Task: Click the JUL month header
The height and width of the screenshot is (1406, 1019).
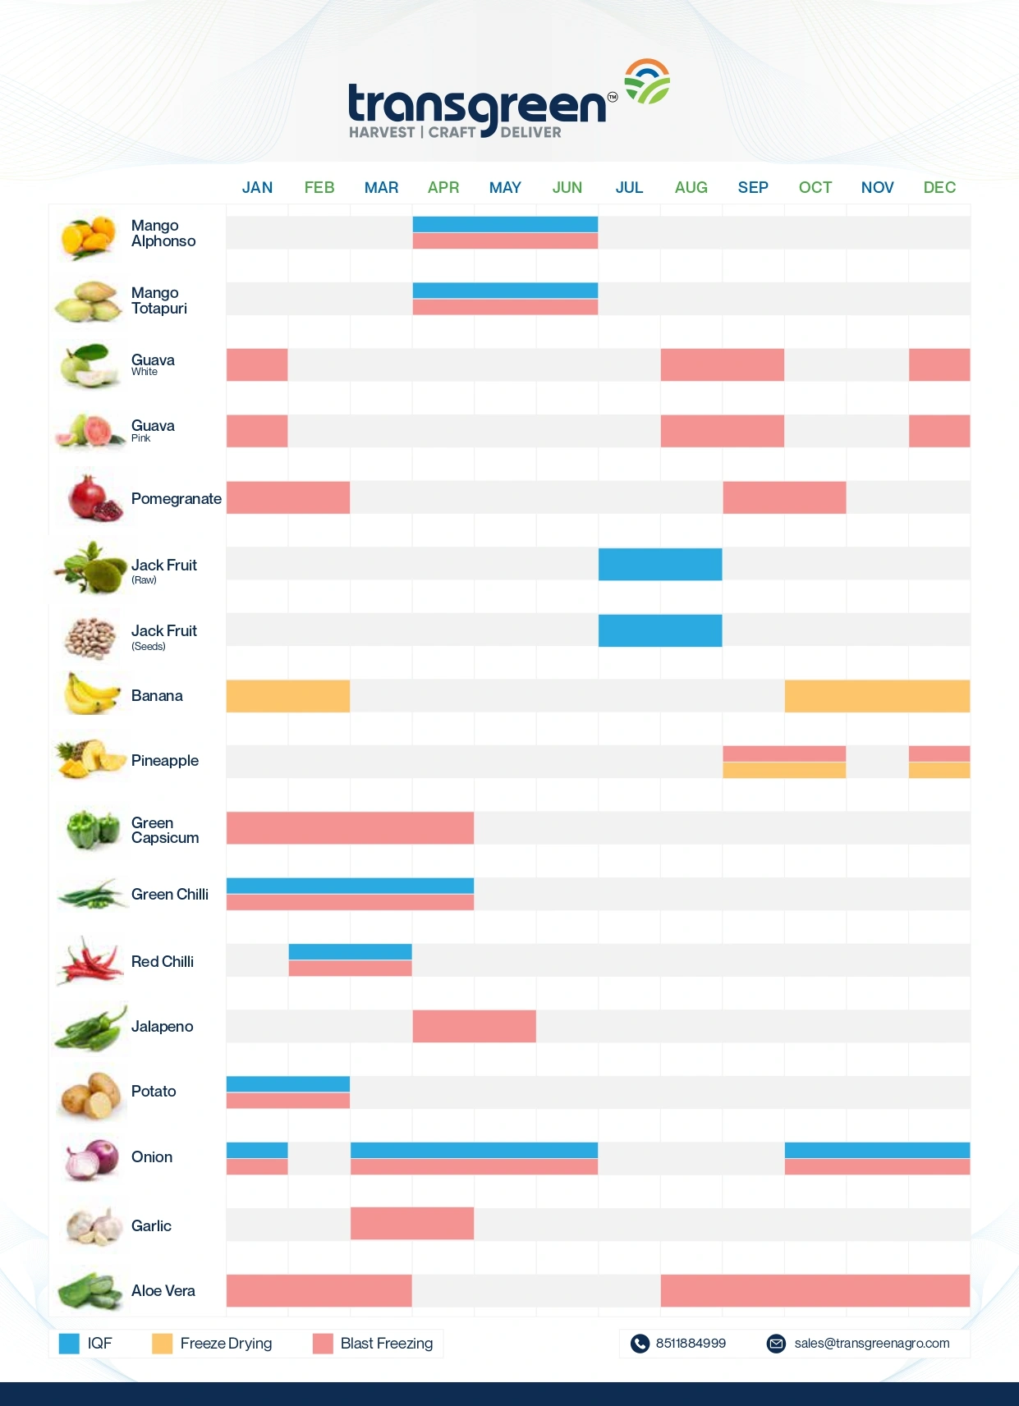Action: (629, 188)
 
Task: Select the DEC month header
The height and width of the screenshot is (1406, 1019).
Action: (939, 188)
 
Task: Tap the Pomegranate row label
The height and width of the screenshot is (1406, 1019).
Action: (177, 499)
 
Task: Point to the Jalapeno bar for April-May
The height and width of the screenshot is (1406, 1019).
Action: (474, 1027)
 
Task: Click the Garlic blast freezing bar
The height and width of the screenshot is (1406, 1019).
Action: (412, 1224)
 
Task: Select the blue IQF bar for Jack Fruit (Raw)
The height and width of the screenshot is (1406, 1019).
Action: (660, 565)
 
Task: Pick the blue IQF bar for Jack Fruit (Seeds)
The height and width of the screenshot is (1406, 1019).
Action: (660, 630)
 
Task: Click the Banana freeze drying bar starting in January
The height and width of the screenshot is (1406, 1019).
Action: (288, 696)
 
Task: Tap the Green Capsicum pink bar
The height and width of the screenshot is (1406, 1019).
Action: (350, 828)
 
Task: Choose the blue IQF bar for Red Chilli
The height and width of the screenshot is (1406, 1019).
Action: (350, 952)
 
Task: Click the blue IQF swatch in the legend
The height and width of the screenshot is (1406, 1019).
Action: (69, 1344)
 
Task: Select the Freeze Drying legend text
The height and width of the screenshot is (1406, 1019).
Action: (226, 1344)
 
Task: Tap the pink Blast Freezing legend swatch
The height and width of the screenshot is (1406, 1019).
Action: (323, 1344)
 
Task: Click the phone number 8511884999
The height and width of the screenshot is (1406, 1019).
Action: (691, 1344)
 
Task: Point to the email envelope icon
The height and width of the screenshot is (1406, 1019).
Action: (776, 1344)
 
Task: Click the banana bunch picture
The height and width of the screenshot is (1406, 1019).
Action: (90, 694)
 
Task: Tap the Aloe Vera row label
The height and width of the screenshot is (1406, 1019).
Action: (163, 1291)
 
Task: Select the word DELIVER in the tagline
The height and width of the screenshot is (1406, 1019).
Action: (530, 133)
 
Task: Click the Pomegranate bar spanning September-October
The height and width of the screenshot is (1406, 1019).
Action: (784, 497)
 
